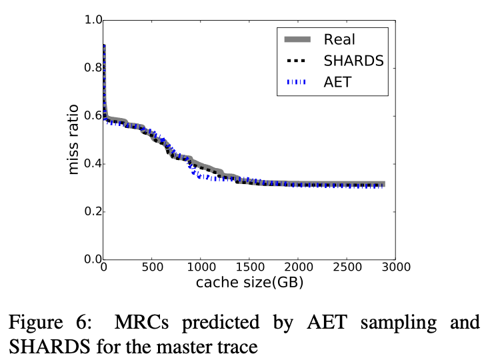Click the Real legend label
coord(340,39)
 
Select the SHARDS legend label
coord(353,61)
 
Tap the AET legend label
coord(337,82)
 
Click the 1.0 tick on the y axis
coord(93,20)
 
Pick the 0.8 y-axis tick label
coord(93,68)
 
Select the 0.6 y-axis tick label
coord(93,116)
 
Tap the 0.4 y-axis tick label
coord(93,164)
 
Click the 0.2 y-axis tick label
coord(93,212)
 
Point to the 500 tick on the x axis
coord(152,268)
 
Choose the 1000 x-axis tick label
coord(200,268)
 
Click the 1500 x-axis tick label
coord(249,268)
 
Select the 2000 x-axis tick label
coord(297,268)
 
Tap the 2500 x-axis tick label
coord(346,268)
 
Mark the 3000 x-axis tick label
coord(395,268)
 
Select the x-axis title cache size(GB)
coord(249,283)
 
